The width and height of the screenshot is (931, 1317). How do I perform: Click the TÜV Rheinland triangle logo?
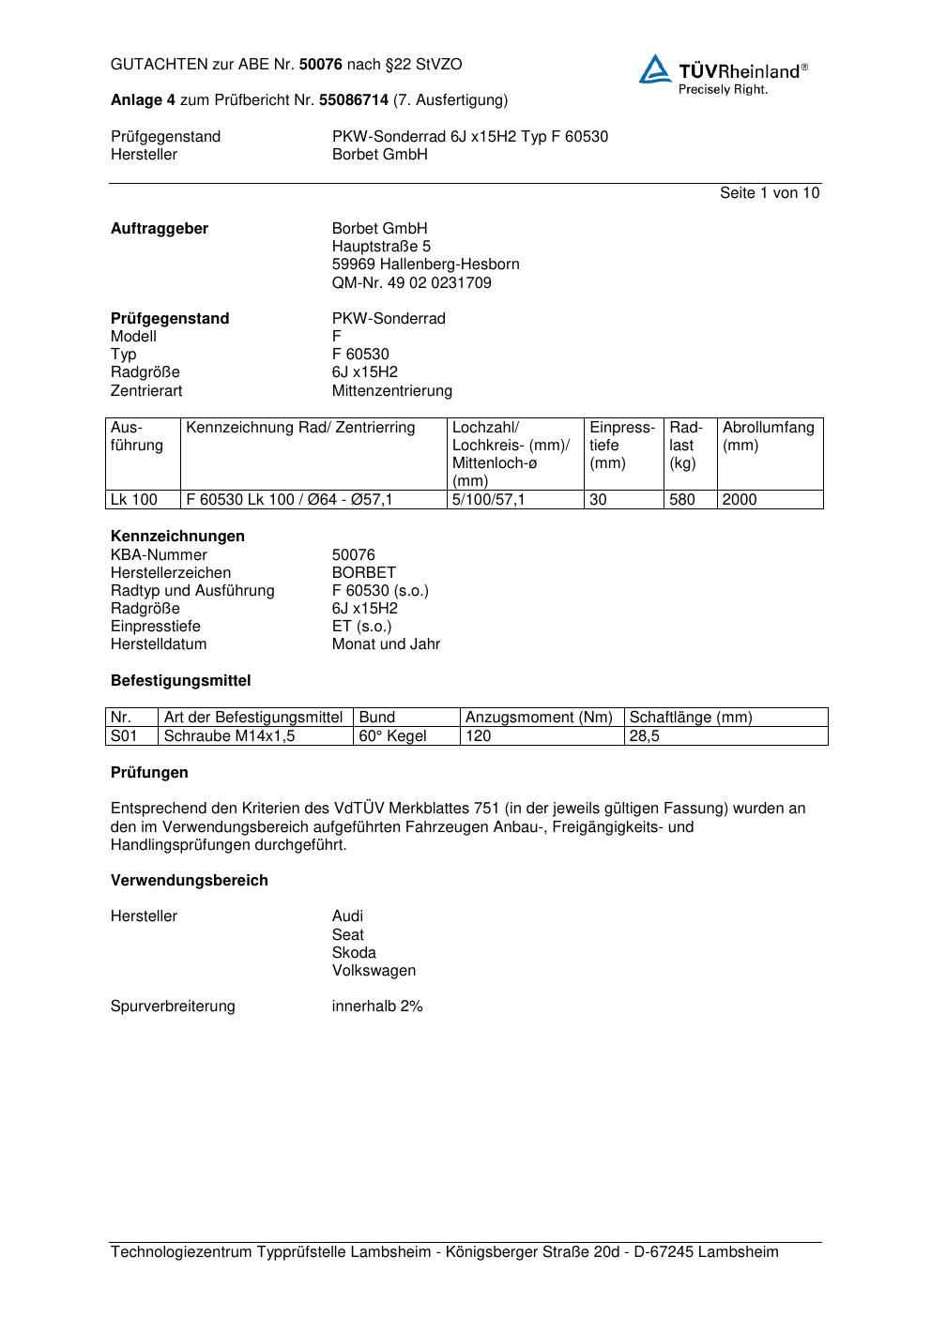tap(655, 69)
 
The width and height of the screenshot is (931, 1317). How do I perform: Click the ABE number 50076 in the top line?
tap(320, 65)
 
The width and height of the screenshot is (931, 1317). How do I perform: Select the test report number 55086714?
tap(354, 99)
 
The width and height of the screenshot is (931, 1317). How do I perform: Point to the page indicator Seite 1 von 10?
tap(769, 193)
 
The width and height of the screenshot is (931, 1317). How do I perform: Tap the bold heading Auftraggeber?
tap(160, 229)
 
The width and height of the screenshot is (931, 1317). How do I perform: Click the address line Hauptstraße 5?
tap(381, 247)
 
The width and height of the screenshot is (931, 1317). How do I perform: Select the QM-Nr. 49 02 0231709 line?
tap(411, 282)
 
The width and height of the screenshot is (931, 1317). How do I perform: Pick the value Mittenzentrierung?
tap(391, 390)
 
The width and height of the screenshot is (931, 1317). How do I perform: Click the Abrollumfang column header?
tap(768, 428)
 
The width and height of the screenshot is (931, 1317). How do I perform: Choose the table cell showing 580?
tap(682, 500)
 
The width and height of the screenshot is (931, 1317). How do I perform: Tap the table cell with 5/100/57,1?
tap(488, 500)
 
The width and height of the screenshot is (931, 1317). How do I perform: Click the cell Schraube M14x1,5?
tap(229, 736)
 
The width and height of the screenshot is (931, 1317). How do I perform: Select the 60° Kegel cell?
tap(392, 736)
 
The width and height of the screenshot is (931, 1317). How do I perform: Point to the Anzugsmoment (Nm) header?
tap(539, 718)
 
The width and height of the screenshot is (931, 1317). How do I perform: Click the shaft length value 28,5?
tap(644, 736)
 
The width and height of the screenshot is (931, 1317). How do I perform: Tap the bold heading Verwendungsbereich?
tap(189, 880)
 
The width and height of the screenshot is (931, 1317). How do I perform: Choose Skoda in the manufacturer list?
tap(354, 952)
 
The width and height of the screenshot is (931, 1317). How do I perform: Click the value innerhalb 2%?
tap(377, 1007)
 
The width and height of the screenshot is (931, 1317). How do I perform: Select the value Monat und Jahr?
tap(386, 644)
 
